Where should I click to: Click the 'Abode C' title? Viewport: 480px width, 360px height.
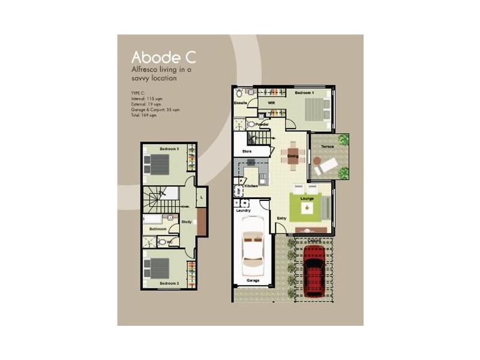tap(163, 58)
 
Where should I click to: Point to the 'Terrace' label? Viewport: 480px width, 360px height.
tap(326, 146)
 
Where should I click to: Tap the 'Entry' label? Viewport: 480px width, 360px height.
tap(282, 218)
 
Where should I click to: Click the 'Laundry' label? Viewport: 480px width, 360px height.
tap(243, 210)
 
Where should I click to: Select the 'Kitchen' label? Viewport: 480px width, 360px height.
tap(251, 186)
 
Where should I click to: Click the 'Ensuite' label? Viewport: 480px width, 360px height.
tap(241, 103)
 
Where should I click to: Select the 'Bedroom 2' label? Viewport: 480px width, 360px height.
tap(169, 283)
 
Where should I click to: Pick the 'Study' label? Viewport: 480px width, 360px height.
tap(186, 221)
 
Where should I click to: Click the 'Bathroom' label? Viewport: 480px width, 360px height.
tap(158, 229)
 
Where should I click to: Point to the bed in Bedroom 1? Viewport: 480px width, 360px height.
tap(316, 110)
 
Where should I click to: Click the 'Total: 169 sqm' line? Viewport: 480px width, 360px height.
tap(143, 116)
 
